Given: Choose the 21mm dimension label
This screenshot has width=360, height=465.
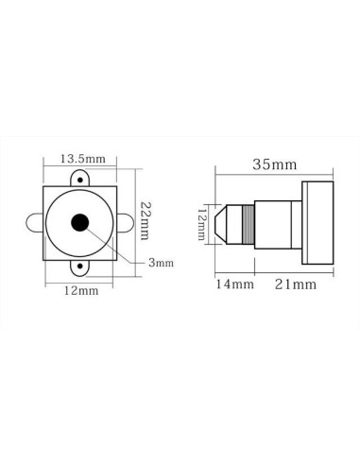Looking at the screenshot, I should click(292, 282).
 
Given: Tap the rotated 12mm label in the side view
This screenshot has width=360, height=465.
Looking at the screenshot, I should click(201, 223).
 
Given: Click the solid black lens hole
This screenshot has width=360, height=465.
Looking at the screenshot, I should click(79, 223).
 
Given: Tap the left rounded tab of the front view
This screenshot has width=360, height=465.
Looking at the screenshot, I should click(34, 223).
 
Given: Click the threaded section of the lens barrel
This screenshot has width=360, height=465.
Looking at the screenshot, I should click(248, 223).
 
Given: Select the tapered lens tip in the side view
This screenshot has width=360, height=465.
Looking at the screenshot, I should click(223, 223).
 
